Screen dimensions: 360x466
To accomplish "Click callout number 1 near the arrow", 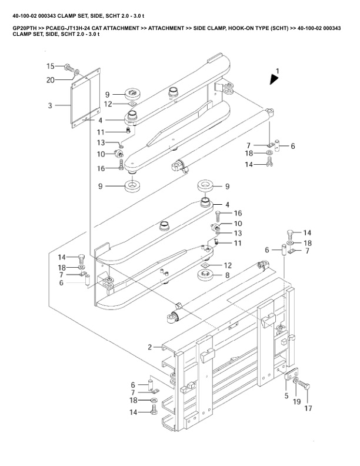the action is [278, 71].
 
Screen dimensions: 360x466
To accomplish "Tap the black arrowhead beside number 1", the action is [274, 79].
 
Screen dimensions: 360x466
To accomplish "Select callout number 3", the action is [50, 105].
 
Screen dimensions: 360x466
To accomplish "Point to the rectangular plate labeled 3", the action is [85, 98].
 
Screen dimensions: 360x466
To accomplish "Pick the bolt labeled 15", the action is [69, 68].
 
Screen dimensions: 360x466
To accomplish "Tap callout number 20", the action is [51, 79].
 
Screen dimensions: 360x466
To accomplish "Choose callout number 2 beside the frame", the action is [150, 347].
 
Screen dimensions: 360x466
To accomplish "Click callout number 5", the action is [286, 396].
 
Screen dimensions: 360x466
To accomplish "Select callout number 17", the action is [308, 408].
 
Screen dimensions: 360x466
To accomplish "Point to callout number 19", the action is [296, 401].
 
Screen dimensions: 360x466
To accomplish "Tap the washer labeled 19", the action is [296, 380].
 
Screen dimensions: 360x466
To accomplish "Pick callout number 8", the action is [227, 275].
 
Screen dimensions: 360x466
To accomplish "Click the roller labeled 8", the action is [205, 275].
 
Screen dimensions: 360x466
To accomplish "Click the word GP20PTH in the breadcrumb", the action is [25, 28].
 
